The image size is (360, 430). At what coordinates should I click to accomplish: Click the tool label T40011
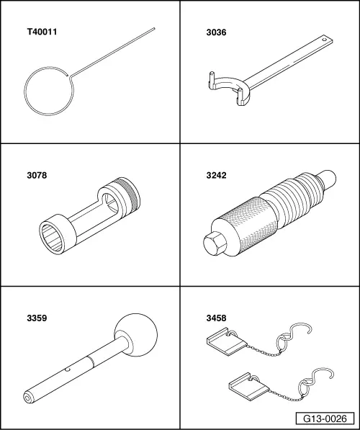(x=42, y=32)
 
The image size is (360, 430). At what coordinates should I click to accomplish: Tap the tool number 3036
(x=216, y=32)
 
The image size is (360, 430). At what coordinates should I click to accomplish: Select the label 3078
(x=37, y=175)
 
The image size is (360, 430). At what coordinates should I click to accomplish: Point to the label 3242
(x=216, y=175)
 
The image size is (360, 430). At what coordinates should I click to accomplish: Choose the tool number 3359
(x=37, y=318)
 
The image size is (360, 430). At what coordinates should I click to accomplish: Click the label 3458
(x=216, y=318)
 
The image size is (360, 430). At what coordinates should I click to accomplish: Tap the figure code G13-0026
(x=325, y=418)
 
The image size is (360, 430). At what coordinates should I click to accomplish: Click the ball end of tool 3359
(x=136, y=335)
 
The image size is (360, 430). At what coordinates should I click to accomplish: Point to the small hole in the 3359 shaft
(x=68, y=370)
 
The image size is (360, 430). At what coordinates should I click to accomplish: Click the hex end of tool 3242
(x=215, y=243)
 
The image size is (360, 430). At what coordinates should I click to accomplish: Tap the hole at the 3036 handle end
(x=325, y=40)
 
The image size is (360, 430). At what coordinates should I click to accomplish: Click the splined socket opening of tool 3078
(x=52, y=237)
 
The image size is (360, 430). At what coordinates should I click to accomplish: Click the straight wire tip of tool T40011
(x=154, y=28)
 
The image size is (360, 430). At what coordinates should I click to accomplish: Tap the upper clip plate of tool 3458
(x=227, y=341)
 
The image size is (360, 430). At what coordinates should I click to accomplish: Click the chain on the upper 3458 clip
(x=264, y=351)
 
